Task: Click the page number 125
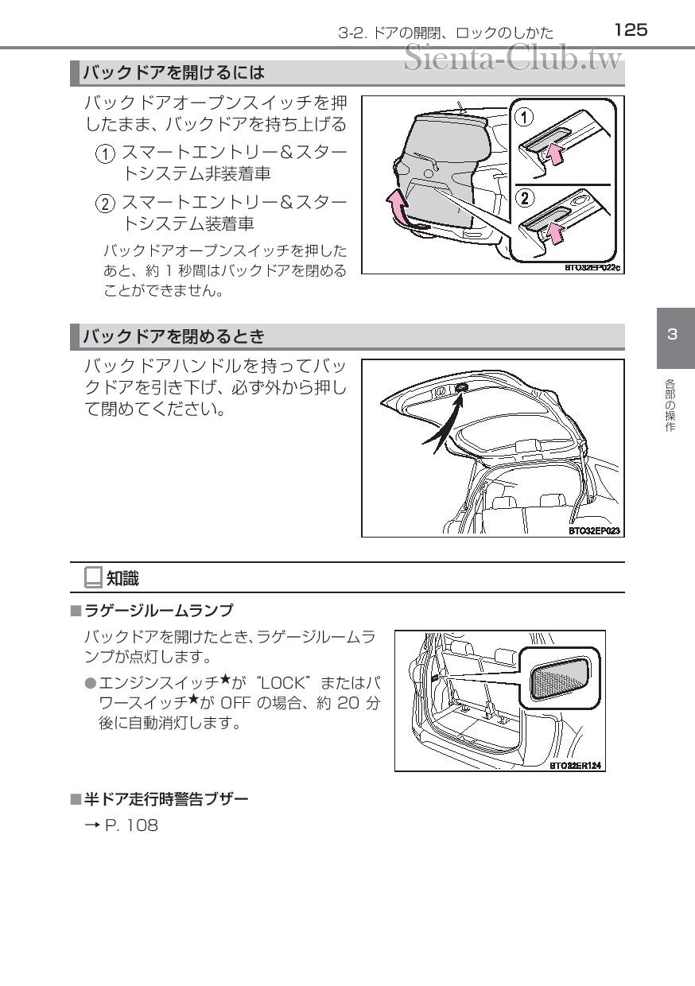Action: click(631, 29)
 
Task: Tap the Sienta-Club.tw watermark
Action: click(512, 57)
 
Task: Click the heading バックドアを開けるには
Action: click(174, 73)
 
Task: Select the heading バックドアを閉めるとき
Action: click(174, 336)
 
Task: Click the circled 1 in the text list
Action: click(105, 153)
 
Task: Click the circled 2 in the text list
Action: click(105, 204)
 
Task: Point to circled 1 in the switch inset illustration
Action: click(523, 117)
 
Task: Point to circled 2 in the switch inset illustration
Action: click(523, 196)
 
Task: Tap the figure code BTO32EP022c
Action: click(592, 268)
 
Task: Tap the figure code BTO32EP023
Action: click(594, 530)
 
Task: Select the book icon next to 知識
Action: click(93, 578)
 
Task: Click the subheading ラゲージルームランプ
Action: click(158, 611)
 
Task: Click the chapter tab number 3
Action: click(672, 334)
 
